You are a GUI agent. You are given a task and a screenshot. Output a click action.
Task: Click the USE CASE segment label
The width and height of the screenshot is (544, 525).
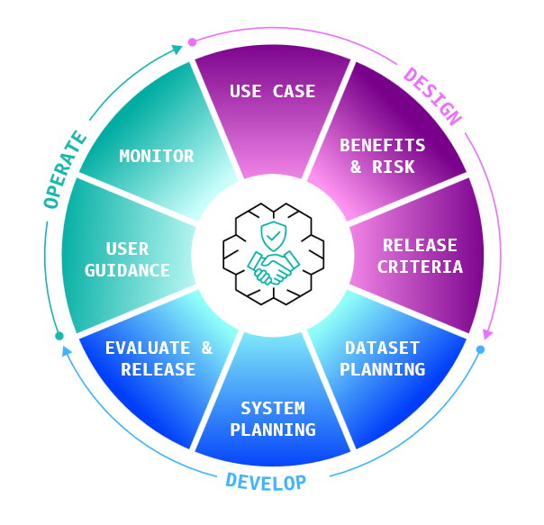(x=272, y=91)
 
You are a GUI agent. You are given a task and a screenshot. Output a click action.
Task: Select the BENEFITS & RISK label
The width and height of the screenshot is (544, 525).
(x=382, y=156)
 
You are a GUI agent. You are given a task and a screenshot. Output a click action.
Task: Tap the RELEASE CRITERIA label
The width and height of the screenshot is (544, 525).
(x=420, y=256)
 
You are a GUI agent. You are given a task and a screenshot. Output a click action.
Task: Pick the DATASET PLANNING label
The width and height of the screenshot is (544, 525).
(x=383, y=358)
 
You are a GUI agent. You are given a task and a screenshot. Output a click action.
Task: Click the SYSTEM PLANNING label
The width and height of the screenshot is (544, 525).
(x=273, y=419)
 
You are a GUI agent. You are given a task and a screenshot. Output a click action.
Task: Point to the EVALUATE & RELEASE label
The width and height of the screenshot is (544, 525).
(x=159, y=358)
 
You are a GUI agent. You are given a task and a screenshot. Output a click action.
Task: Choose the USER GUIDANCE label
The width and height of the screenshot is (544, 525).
(x=127, y=259)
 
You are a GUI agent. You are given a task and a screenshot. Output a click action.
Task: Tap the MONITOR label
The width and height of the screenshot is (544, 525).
(x=157, y=156)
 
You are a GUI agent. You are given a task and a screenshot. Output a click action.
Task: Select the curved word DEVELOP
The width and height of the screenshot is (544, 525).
(x=266, y=482)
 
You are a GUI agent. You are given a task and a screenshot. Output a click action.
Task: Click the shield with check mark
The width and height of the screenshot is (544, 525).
(x=272, y=237)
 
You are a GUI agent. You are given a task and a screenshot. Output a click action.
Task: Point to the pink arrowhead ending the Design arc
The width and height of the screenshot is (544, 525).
(x=487, y=331)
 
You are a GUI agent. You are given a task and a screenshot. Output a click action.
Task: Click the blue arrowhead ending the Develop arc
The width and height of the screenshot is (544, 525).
(x=66, y=351)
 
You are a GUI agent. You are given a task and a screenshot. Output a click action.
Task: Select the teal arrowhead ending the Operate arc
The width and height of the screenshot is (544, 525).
(x=177, y=51)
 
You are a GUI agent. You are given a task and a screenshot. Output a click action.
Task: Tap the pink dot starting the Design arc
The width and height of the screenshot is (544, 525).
(x=191, y=41)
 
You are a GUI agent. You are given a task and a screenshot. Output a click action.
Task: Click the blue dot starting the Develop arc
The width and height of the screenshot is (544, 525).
(x=480, y=349)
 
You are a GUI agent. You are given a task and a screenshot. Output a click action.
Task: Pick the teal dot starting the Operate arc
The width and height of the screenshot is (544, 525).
(x=59, y=336)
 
